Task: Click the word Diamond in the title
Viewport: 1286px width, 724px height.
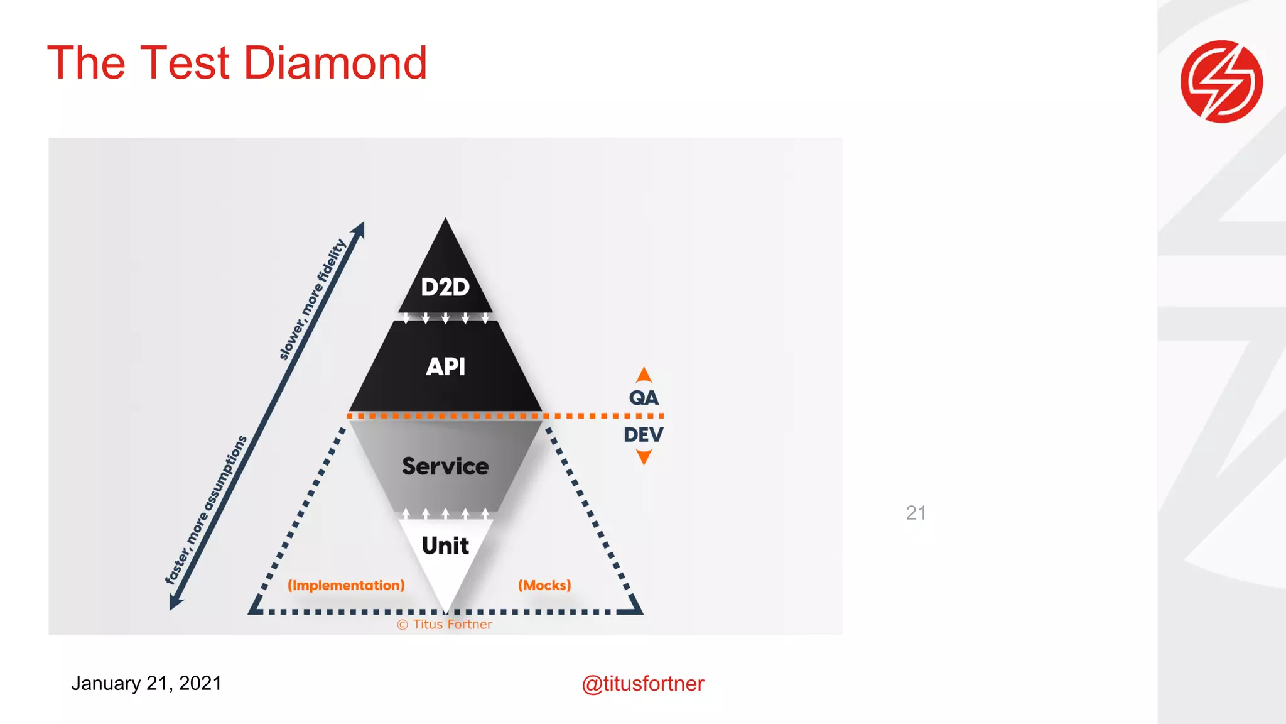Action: pyautogui.click(x=335, y=63)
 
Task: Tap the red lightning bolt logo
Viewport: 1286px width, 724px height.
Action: pyautogui.click(x=1221, y=81)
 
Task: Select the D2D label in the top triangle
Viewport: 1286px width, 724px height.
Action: pyautogui.click(x=445, y=287)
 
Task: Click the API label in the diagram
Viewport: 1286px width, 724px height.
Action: pyautogui.click(x=445, y=366)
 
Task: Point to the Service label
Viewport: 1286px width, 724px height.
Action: pyautogui.click(x=445, y=466)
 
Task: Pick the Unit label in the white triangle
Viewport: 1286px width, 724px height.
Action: pyautogui.click(x=445, y=546)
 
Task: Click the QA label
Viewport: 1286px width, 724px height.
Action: pyautogui.click(x=644, y=398)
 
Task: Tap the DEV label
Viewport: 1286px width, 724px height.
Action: pyautogui.click(x=644, y=434)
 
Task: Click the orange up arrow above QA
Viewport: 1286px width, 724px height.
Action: pyautogui.click(x=644, y=375)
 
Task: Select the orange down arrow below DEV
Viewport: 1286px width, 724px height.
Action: pyautogui.click(x=644, y=457)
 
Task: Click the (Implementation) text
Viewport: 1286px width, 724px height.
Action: pyautogui.click(x=346, y=586)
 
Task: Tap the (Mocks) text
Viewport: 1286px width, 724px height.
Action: pyautogui.click(x=544, y=586)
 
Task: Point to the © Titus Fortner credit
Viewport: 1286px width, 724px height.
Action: pyautogui.click(x=445, y=625)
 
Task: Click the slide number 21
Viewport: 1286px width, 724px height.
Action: pyautogui.click(x=916, y=513)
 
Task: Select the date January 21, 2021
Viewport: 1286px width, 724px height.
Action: pyautogui.click(x=146, y=683)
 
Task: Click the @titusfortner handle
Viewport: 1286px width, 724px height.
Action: pyautogui.click(x=642, y=684)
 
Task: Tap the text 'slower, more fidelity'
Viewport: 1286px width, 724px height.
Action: pyautogui.click(x=312, y=300)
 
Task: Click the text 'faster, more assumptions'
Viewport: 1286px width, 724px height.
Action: pyautogui.click(x=206, y=510)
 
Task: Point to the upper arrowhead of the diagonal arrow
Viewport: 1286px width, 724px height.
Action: pyautogui.click(x=359, y=229)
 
